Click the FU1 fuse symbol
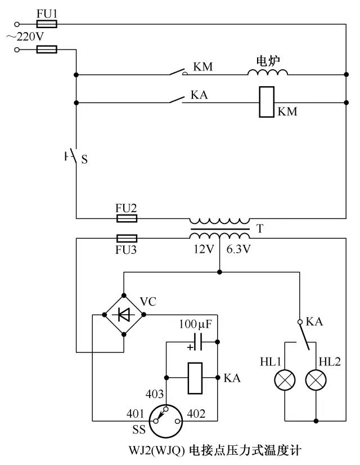(47, 24)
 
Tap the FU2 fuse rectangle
(127, 218)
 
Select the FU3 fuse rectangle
(127, 238)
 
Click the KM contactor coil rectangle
(267, 102)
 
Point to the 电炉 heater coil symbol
(268, 72)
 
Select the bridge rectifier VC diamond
(124, 315)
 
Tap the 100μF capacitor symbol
(197, 342)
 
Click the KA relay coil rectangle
(195, 378)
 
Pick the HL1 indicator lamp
(285, 381)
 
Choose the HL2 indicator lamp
(316, 381)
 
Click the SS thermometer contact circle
(165, 421)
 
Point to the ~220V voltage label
(25, 37)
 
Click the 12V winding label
(204, 249)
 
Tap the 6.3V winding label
(238, 249)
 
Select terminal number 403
(154, 394)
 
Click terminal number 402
(196, 413)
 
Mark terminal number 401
(135, 413)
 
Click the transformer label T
(259, 229)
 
